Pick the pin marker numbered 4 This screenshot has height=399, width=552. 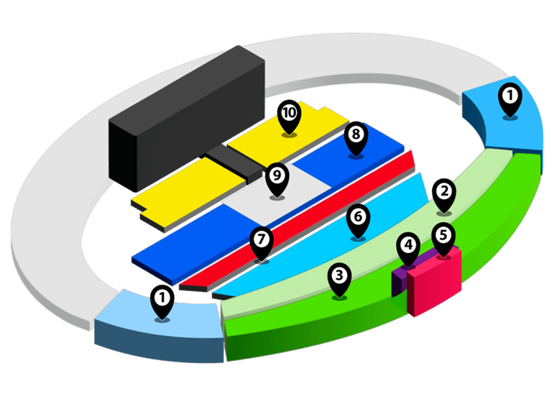point(408,249)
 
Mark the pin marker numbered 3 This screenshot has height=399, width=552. point(339,279)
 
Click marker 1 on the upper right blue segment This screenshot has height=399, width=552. point(510,98)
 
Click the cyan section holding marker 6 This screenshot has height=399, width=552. point(323,244)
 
